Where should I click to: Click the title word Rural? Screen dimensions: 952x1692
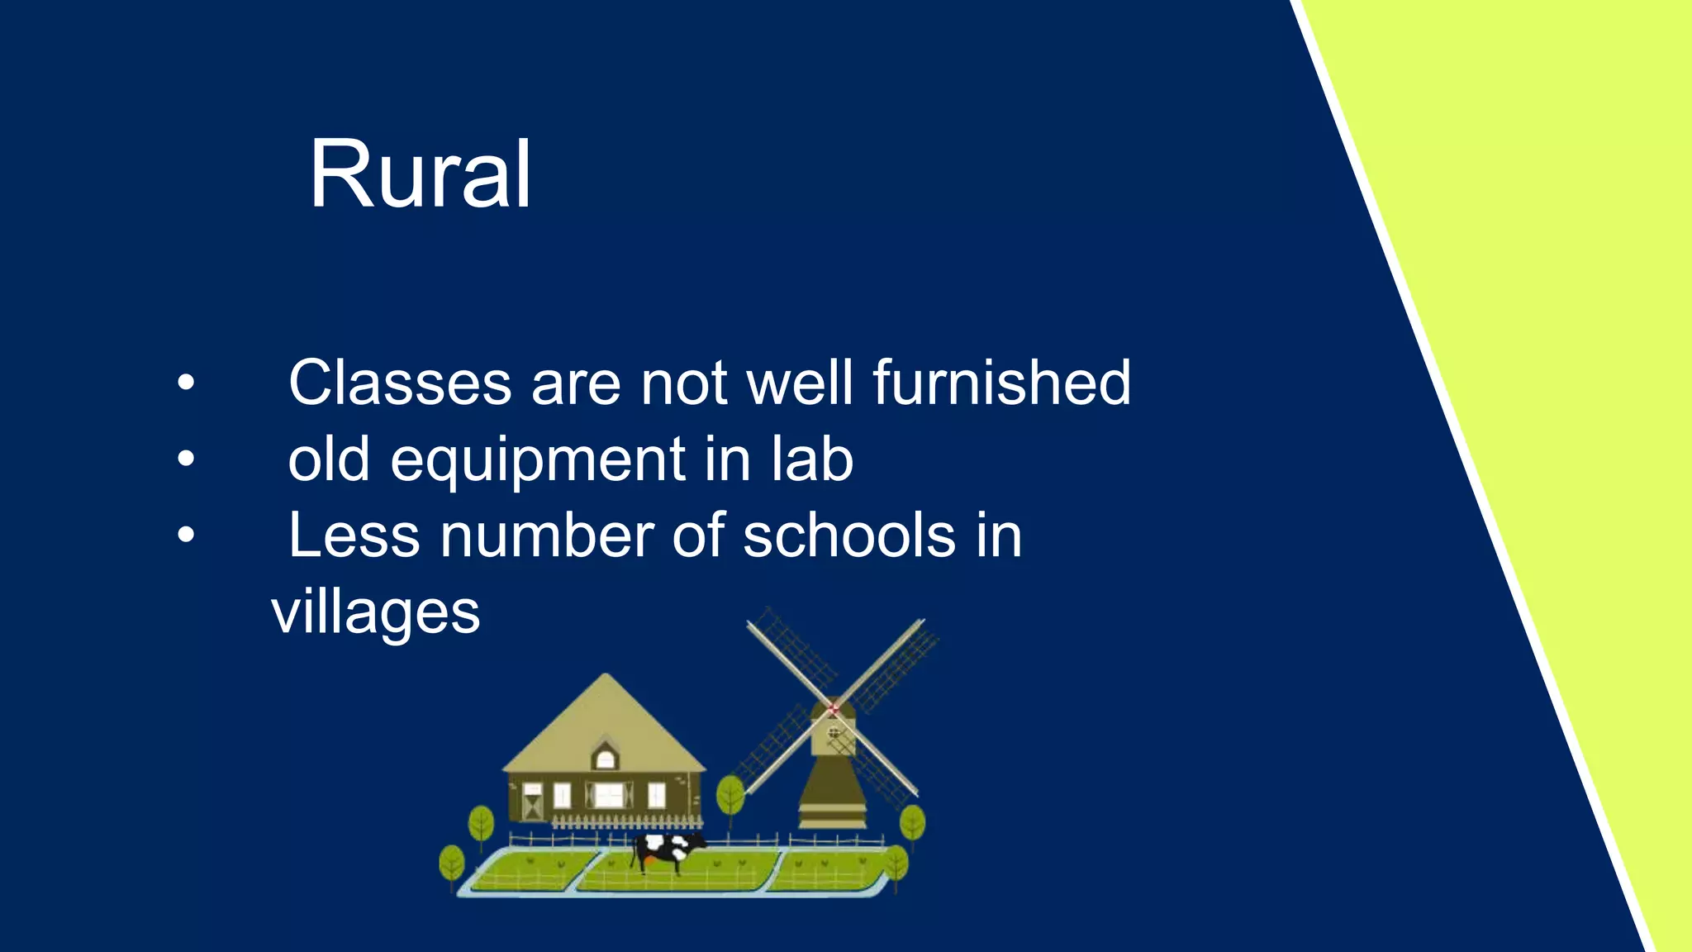coord(420,175)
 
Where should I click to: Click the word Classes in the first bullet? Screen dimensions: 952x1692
coord(400,383)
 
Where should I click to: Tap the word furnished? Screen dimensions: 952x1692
coord(1001,383)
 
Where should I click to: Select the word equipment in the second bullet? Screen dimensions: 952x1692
coord(538,461)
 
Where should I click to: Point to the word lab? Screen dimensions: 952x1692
coord(812,459)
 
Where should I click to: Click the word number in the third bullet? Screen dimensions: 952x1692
coord(547,535)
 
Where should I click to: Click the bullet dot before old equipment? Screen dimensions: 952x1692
coord(186,459)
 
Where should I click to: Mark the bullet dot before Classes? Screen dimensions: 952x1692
coord(186,383)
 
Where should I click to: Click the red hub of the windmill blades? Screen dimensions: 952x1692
coord(834,708)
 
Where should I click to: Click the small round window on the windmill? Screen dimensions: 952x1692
coord(834,732)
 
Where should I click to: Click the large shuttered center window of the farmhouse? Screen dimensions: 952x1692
coord(609,795)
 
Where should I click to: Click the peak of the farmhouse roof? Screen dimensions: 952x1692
coord(606,678)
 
